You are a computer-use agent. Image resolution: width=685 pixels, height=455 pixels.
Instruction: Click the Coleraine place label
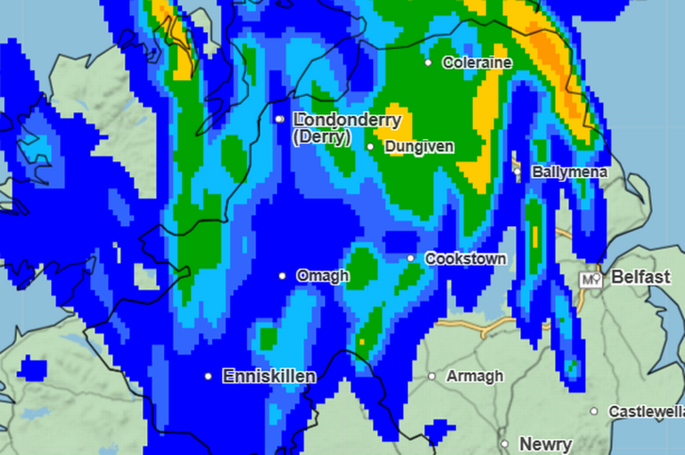(478, 63)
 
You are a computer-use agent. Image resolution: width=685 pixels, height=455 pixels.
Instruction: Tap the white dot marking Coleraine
(428, 62)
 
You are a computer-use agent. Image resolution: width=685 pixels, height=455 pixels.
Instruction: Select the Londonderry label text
(347, 119)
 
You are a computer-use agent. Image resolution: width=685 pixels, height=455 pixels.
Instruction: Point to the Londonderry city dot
(279, 118)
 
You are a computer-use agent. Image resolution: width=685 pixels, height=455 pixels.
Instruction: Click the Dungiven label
(419, 147)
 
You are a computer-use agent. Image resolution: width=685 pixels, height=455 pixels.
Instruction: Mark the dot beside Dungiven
(371, 147)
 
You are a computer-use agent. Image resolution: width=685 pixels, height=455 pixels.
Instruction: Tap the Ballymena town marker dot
(517, 169)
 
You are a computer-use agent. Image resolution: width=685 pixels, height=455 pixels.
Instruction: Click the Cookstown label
(466, 259)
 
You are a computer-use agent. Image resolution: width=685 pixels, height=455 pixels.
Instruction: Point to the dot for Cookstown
(411, 258)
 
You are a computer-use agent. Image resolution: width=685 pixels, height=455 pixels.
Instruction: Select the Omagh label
(322, 276)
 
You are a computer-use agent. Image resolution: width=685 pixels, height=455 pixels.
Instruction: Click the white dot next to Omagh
(283, 276)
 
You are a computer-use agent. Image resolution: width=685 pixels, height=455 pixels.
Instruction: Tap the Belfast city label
(640, 278)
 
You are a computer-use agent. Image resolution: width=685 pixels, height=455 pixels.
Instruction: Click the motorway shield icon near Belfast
(589, 280)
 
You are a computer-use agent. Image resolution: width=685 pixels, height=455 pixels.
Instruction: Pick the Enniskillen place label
(268, 377)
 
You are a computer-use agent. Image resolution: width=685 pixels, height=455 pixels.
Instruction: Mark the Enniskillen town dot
(209, 377)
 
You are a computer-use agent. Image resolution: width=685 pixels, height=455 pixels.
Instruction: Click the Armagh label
(475, 377)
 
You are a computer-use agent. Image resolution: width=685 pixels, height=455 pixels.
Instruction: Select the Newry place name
(545, 443)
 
